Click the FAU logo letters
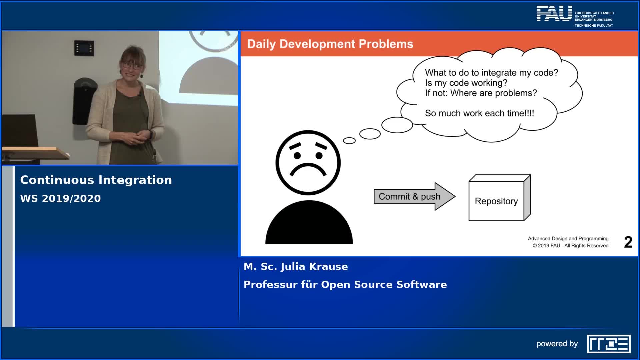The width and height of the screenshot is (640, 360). (x=554, y=13)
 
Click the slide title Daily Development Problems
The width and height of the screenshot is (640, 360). (x=330, y=44)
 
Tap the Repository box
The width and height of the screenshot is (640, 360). (x=500, y=198)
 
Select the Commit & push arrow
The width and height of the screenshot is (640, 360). (x=414, y=196)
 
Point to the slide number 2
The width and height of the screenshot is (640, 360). (x=628, y=242)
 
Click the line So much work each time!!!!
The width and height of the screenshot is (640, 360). (x=479, y=113)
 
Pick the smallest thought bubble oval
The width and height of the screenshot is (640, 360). (x=349, y=141)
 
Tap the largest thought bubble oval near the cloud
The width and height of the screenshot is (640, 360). (x=397, y=125)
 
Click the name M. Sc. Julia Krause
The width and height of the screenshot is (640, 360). (x=296, y=267)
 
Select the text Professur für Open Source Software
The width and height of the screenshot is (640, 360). (x=345, y=285)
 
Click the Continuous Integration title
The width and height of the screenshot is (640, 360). (x=96, y=180)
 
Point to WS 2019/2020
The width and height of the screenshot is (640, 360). (x=60, y=199)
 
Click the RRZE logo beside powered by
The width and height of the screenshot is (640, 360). (x=609, y=344)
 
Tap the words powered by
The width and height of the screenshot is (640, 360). (x=557, y=344)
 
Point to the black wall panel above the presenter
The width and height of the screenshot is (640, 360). (x=84, y=48)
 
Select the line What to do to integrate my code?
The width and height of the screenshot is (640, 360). (x=491, y=73)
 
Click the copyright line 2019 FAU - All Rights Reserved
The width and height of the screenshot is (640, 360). (x=570, y=246)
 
